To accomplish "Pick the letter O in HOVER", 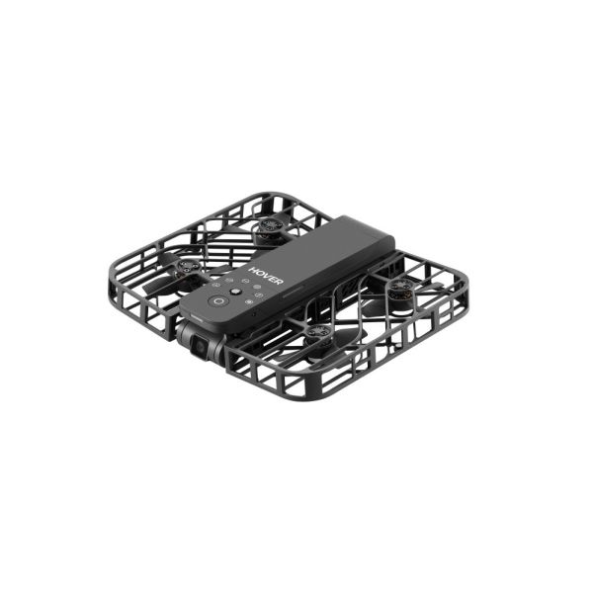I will (x=259, y=270).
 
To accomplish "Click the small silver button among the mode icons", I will (x=235, y=293).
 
